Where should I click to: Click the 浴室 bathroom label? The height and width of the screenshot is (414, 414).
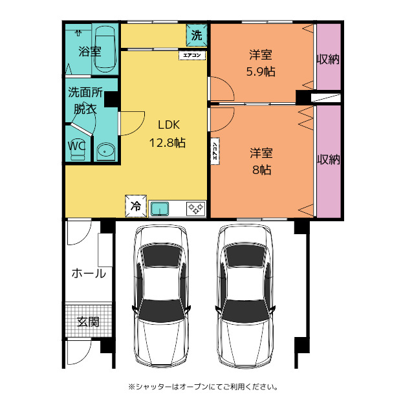coord(90,50)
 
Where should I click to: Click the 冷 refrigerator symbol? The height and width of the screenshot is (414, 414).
coord(136,206)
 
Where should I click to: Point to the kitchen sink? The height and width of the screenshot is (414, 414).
coord(160,208)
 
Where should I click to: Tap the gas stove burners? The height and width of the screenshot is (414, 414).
coord(196,208)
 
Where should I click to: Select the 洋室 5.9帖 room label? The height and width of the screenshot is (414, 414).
coord(262,63)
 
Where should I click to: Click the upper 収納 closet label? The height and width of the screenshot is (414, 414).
coord(329,60)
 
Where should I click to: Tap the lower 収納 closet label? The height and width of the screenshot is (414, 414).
coord(329,159)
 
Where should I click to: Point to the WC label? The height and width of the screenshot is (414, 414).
coord(77,146)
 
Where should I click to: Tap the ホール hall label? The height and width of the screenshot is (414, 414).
coord(88,274)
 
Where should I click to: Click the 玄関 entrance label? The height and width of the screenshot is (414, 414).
coord(88,321)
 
